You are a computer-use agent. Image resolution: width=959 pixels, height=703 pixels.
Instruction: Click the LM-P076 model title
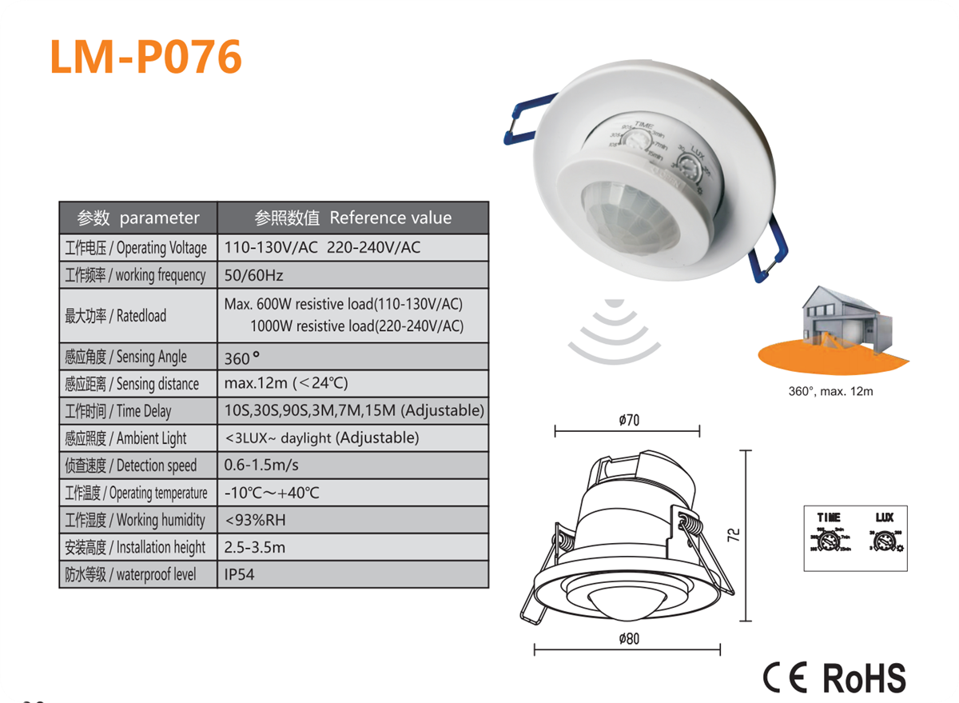145,57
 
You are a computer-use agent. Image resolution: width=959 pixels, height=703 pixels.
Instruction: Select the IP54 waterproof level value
240,574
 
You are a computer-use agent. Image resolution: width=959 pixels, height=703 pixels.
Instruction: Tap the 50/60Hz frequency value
254,275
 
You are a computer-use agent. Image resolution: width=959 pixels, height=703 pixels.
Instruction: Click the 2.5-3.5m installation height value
255,547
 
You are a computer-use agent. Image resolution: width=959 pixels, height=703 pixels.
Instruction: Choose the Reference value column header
352,218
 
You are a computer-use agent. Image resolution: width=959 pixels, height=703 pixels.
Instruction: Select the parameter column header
138,218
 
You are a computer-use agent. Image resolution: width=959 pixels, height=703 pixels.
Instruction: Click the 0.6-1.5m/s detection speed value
262,465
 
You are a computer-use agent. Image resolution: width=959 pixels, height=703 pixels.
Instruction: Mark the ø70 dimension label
629,421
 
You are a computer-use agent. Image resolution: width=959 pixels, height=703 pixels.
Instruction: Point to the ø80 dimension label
629,639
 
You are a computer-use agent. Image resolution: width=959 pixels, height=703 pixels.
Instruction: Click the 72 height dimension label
735,534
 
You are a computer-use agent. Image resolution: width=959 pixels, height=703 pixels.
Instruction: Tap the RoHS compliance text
865,678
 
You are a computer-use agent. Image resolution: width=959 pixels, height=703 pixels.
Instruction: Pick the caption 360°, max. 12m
831,392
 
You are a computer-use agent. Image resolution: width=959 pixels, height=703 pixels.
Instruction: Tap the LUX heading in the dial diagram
884,518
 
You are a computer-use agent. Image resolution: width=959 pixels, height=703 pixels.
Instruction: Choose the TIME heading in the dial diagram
829,518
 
